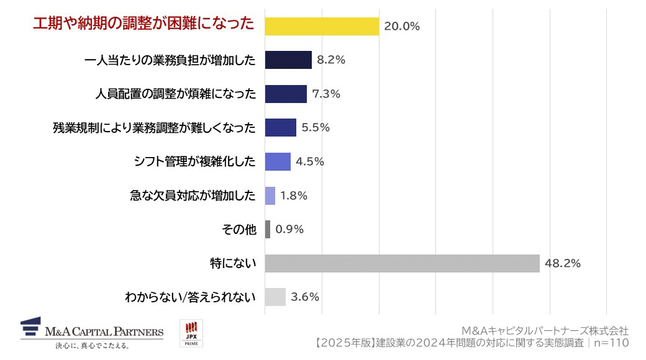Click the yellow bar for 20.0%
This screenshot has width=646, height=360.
point(321,26)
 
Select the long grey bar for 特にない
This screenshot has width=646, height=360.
point(402,263)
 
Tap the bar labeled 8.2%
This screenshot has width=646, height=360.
point(288,60)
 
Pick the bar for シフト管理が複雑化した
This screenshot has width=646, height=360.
point(277,161)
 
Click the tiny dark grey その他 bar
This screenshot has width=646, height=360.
point(268,229)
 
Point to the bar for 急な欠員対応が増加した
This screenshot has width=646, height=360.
point(270,196)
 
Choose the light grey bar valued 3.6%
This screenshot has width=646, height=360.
point(275,297)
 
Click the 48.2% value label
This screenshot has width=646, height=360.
point(563,263)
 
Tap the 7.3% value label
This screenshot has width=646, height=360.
point(327,94)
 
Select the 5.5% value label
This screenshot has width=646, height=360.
point(316,128)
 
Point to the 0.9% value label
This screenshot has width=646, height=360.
point(289,229)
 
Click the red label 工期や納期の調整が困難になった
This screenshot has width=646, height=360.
point(143,24)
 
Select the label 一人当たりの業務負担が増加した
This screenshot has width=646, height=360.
point(170,60)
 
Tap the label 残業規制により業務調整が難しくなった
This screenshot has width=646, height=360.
point(154,128)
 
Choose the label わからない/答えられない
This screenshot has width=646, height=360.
point(190,297)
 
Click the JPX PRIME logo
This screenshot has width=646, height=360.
point(191,334)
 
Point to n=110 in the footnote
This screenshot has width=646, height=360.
point(611,343)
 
